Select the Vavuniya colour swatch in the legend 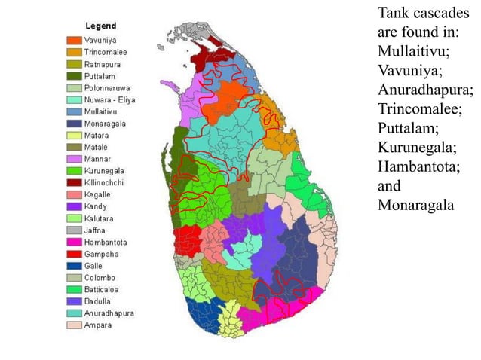click(x=74, y=40)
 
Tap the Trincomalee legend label click(x=105, y=52)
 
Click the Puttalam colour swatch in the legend click(x=74, y=76)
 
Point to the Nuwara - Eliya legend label click(x=110, y=100)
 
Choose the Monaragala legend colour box click(x=74, y=124)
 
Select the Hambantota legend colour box click(x=74, y=243)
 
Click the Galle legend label click(x=94, y=266)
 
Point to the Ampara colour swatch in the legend click(x=74, y=325)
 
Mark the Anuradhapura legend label click(x=109, y=314)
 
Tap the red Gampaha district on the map click(x=187, y=241)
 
